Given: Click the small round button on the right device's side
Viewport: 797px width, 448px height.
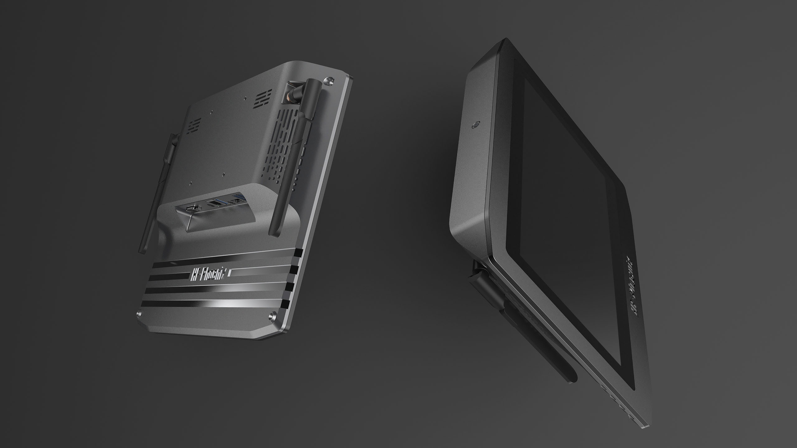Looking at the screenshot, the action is pyautogui.click(x=475, y=124).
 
